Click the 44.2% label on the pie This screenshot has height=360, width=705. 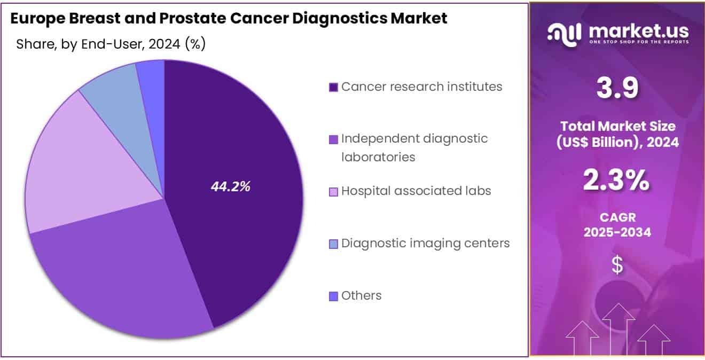pos(231,187)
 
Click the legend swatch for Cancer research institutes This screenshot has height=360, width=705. pos(334,87)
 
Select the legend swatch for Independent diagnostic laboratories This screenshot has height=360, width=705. pos(334,139)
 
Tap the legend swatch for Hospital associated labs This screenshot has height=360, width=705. pos(334,192)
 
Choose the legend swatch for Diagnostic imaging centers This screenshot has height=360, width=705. pos(334,244)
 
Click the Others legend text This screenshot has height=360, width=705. pos(361,296)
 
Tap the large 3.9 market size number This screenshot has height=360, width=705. pos(617,89)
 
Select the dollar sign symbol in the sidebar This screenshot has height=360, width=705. pos(617,265)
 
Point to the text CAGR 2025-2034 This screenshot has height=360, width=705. pos(617,225)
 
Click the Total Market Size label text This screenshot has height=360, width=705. pos(617,134)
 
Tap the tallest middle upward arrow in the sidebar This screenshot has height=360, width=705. pos(618,328)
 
